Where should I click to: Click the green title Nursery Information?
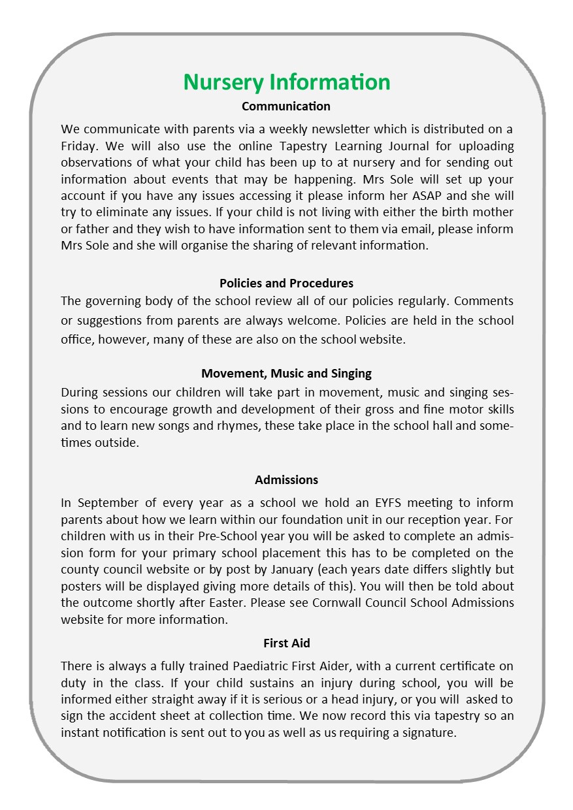pyautogui.click(x=286, y=82)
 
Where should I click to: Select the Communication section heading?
pyautogui.click(x=286, y=106)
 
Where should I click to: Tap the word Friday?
pyautogui.click(x=78, y=145)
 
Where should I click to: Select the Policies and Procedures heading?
pyautogui.click(x=286, y=283)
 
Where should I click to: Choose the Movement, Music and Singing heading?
pyautogui.click(x=286, y=374)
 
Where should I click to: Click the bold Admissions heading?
pyautogui.click(x=286, y=479)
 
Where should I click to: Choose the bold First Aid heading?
pyautogui.click(x=286, y=643)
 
